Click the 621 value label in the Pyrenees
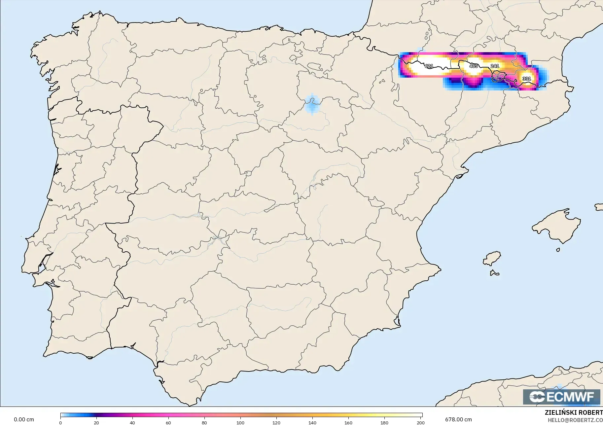(429, 66)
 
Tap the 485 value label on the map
(473, 66)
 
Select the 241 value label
(495, 66)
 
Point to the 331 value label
(526, 79)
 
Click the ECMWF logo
(561, 397)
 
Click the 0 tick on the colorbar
(60, 422)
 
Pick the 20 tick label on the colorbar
(96, 422)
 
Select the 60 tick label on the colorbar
(168, 422)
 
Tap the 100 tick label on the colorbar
(240, 422)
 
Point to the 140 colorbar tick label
(312, 422)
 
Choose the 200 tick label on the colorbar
(420, 422)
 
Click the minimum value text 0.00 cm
(24, 419)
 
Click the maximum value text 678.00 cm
(458, 419)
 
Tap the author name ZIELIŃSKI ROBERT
(574, 413)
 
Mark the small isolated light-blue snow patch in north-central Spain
(312, 104)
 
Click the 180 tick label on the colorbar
(384, 422)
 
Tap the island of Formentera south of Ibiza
(494, 273)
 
